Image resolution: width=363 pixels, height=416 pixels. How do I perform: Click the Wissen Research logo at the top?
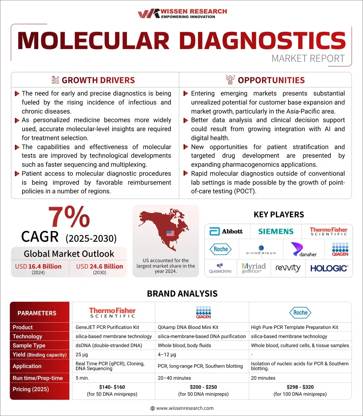(182, 13)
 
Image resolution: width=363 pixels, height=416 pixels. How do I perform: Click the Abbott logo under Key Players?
(226, 231)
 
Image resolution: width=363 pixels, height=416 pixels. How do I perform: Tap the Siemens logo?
(276, 231)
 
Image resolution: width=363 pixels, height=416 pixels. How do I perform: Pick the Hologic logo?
(329, 268)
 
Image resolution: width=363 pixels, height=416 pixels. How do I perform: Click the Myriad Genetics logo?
(254, 268)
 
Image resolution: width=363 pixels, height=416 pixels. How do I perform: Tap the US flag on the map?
(170, 233)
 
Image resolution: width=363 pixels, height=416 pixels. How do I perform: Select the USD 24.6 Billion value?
(99, 266)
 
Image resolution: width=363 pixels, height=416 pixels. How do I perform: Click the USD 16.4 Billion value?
(38, 266)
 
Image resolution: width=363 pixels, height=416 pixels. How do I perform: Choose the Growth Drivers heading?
(98, 80)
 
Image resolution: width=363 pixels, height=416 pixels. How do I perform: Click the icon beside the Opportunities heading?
(230, 80)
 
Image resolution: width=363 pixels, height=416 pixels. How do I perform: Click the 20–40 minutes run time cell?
(174, 378)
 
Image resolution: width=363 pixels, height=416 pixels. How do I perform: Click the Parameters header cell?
(37, 313)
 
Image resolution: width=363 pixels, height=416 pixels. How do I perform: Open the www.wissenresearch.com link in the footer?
(185, 408)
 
